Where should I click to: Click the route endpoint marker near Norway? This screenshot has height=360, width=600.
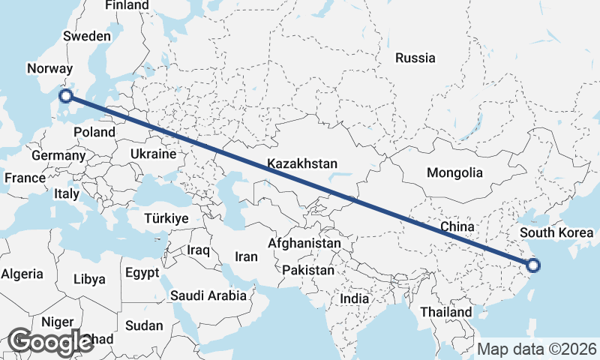[x=66, y=95]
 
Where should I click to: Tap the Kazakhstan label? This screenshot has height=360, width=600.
[x=302, y=163]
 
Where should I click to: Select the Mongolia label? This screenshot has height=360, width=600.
[x=454, y=173]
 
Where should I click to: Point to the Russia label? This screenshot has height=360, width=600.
[x=415, y=58]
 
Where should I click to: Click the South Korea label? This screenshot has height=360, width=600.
[x=562, y=232]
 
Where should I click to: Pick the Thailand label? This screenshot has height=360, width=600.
[x=446, y=311]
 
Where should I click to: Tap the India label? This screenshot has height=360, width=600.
[x=354, y=298]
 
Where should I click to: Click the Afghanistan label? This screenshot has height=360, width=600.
[x=304, y=244]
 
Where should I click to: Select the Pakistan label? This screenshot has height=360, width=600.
[x=308, y=270]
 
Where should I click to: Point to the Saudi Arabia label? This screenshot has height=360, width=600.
[x=208, y=295]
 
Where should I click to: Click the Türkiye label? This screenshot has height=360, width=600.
[x=166, y=219]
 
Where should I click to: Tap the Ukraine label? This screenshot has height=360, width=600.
[x=153, y=154]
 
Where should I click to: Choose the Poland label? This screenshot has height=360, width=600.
[x=94, y=132]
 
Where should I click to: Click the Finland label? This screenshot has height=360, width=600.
[x=127, y=5]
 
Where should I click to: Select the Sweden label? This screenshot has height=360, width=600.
[x=87, y=36]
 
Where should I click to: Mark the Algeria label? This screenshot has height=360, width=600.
[x=22, y=274]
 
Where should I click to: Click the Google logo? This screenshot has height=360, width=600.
[x=50, y=342]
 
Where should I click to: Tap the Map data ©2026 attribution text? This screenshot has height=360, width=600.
[x=537, y=349]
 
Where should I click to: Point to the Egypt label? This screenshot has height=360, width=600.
[x=142, y=272]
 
